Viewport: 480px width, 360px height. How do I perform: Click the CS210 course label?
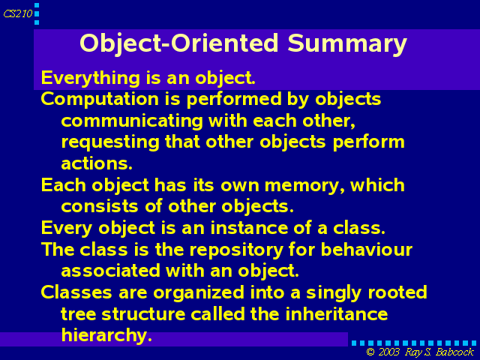tap(18, 13)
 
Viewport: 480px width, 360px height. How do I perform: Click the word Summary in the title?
tap(347, 44)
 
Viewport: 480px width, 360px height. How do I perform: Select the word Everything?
tap(91, 78)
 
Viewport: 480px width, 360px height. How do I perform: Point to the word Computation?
tap(100, 100)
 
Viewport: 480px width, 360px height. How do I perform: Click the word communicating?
tap(132, 121)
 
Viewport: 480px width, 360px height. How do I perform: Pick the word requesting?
tap(110, 143)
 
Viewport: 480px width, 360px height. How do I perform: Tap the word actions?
tap(97, 163)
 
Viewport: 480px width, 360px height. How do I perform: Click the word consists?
tap(100, 207)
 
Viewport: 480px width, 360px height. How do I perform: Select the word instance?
tap(249, 228)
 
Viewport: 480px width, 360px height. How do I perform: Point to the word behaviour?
tap(367, 250)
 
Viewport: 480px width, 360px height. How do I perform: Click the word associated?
tap(111, 271)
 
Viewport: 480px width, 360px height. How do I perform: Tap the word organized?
tap(199, 293)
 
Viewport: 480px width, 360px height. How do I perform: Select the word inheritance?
tap(337, 313)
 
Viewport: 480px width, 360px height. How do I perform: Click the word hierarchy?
tap(106, 336)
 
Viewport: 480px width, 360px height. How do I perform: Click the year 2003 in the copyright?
tap(388, 352)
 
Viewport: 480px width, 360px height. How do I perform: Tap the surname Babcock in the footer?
tap(454, 352)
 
